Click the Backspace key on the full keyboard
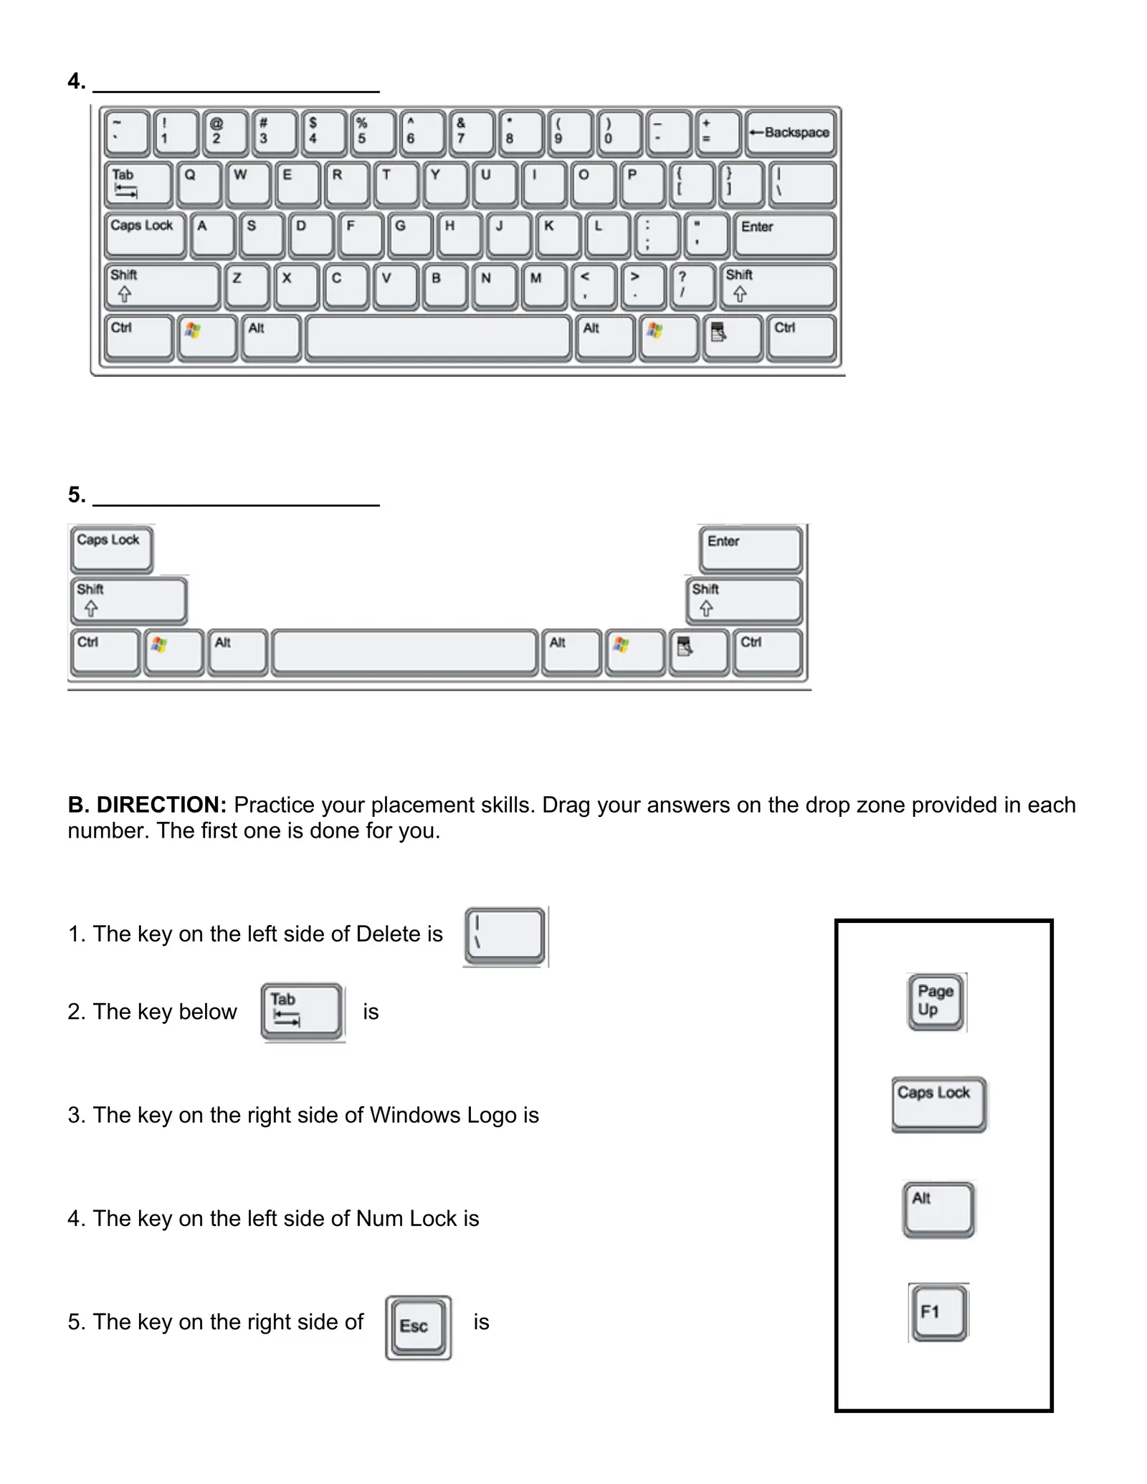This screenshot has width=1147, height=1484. click(x=790, y=133)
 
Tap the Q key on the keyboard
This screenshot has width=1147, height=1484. click(x=198, y=184)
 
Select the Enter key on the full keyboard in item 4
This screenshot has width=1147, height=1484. click(x=784, y=235)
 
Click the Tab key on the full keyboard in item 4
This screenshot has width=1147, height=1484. click(x=138, y=184)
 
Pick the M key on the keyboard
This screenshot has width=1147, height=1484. click(x=543, y=287)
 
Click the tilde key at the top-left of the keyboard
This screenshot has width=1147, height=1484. click(x=127, y=133)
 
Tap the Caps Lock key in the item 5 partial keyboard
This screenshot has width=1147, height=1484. click(x=111, y=548)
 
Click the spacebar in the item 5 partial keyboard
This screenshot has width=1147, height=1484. click(x=405, y=652)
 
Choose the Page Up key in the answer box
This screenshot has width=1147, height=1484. click(x=935, y=1001)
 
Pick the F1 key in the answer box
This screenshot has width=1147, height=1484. click(x=938, y=1312)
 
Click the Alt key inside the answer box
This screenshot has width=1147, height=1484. click(x=938, y=1210)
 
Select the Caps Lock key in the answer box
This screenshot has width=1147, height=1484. click(x=938, y=1104)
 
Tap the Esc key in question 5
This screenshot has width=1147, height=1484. click(x=418, y=1327)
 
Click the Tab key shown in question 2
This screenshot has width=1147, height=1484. click(x=302, y=1011)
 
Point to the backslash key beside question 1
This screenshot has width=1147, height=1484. click(x=505, y=936)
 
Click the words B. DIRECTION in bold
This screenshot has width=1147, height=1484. click(x=147, y=805)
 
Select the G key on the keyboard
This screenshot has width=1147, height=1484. click(x=409, y=235)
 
